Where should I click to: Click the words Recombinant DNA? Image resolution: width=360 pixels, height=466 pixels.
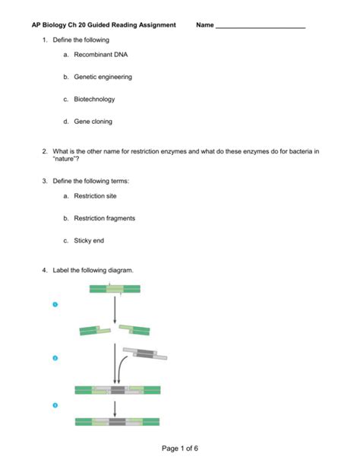[101, 55]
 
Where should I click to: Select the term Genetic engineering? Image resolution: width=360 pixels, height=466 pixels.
[103, 77]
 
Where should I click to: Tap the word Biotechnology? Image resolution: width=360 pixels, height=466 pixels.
[94, 100]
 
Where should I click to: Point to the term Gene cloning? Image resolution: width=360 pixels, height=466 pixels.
[93, 122]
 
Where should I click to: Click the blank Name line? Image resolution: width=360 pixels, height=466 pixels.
[261, 28]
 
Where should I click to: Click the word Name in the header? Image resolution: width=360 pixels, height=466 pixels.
[204, 25]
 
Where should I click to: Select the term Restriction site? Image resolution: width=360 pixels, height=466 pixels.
[95, 196]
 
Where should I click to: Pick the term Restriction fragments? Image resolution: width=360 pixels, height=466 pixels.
[104, 218]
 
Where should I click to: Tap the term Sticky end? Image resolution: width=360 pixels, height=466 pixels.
[89, 241]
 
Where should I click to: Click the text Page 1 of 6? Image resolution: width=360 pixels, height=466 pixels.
[180, 449]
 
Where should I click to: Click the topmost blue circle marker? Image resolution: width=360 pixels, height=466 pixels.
[55, 304]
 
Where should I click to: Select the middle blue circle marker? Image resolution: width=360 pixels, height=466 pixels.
[55, 358]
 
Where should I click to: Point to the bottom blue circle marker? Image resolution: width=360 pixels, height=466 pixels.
[55, 405]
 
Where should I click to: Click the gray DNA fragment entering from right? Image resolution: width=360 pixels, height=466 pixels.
[145, 353]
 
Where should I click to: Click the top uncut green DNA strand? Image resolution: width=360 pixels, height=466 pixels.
[115, 289]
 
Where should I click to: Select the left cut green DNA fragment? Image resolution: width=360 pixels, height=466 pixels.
[95, 331]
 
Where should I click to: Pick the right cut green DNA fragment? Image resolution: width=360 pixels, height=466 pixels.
[134, 330]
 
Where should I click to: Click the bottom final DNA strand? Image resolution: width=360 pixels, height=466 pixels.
[117, 422]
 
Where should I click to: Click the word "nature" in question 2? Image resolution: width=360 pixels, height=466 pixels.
[65, 159]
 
